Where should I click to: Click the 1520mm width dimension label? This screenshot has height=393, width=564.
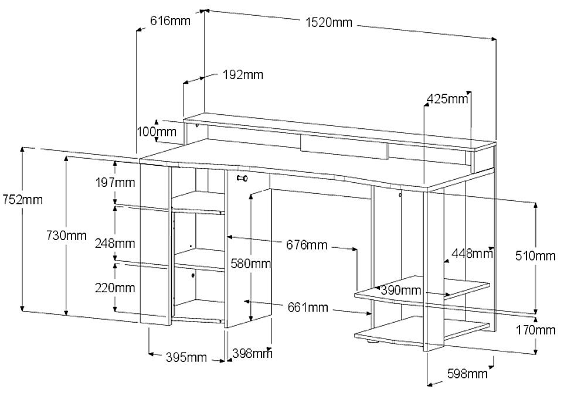[x=329, y=23]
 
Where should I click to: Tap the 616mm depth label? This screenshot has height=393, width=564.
[x=170, y=21]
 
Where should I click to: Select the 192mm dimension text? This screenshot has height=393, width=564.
[x=243, y=75]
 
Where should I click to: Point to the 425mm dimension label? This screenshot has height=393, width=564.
[x=447, y=98]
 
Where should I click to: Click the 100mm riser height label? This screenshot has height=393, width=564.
[x=157, y=132]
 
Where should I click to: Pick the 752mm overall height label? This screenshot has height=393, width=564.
[x=22, y=199]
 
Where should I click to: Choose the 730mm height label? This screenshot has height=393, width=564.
[x=67, y=235]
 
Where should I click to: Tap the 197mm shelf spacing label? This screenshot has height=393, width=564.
[x=115, y=183]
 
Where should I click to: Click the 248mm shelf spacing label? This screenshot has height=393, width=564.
[x=115, y=244]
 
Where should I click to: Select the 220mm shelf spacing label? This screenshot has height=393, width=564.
[x=115, y=288]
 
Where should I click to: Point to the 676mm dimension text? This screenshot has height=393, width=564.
[x=307, y=245]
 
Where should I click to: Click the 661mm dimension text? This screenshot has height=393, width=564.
[x=308, y=307]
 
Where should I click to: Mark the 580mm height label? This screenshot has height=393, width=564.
[x=251, y=264]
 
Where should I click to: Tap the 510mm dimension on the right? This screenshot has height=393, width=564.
[x=535, y=256]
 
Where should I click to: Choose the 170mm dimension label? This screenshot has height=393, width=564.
[x=536, y=329]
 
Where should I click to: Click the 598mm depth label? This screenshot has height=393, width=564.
[x=467, y=374]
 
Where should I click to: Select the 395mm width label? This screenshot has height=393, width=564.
[x=186, y=357]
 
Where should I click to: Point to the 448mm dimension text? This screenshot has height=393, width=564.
[x=472, y=254]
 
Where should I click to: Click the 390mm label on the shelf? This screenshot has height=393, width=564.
[x=400, y=290]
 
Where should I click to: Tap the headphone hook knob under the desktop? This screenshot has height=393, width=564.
[x=242, y=178]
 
